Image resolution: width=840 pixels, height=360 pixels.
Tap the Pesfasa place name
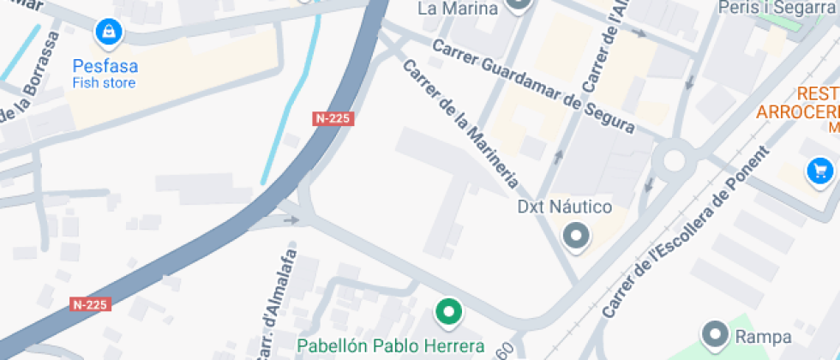tap(105, 66)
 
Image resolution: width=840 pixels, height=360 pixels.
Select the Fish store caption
tap(104, 83)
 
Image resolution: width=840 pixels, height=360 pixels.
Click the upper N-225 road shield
tap(333, 118)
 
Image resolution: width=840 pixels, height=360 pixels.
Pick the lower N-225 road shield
tap(90, 304)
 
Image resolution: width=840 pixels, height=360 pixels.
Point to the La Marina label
tap(458, 9)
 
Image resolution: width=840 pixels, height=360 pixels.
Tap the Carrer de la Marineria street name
tap(460, 125)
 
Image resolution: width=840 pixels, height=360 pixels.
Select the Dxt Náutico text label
tap(565, 207)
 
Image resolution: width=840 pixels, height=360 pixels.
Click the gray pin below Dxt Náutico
tap(576, 236)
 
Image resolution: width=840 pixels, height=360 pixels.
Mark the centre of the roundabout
tap(674, 160)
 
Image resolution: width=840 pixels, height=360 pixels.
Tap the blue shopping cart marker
tap(820, 171)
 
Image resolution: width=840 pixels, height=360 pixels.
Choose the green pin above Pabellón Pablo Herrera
tap(447, 312)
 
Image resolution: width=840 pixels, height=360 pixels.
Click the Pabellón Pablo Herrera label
tap(391, 346)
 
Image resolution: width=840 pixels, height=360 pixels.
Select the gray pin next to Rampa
tap(714, 334)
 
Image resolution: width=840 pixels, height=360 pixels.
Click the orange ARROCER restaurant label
tap(797, 112)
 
